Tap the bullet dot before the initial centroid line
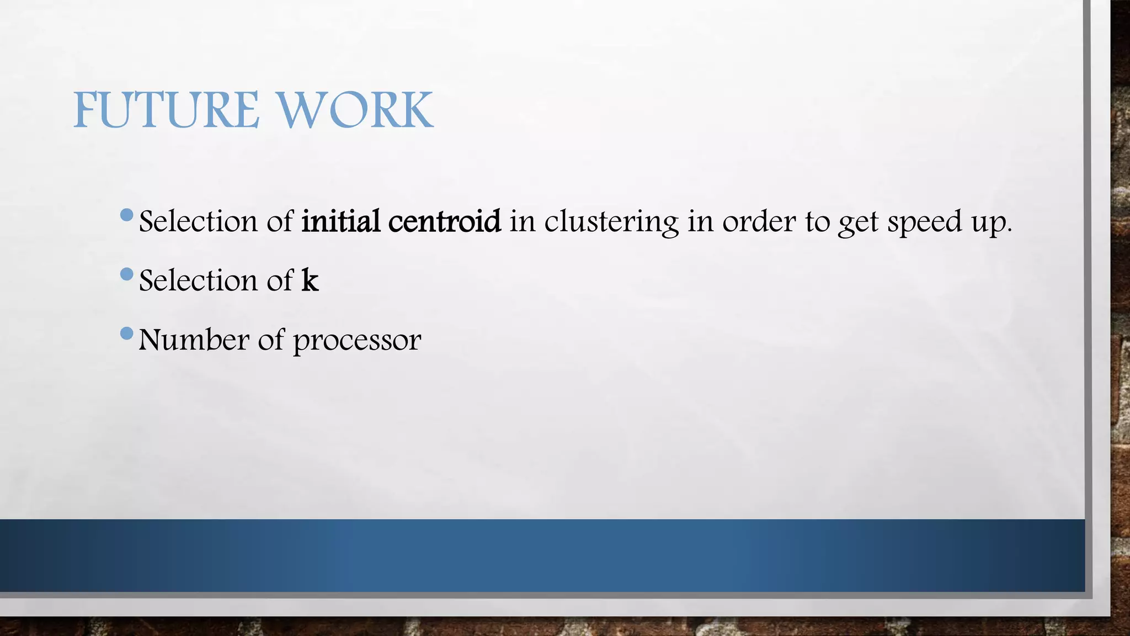click(126, 214)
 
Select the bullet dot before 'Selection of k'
click(126, 273)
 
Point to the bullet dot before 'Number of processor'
click(126, 333)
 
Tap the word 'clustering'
click(611, 222)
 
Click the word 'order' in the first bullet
click(759, 222)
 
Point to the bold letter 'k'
click(310, 280)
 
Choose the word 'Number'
click(194, 340)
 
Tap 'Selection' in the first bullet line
click(199, 221)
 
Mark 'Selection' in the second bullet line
click(199, 280)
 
